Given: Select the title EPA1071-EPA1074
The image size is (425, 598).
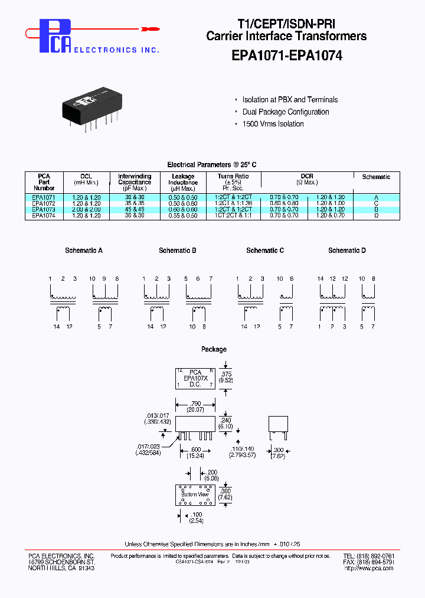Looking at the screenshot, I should tap(286, 56).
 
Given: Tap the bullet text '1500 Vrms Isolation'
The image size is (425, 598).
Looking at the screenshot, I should tap(273, 124).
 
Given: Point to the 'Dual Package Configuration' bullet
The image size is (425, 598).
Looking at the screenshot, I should tap(286, 112).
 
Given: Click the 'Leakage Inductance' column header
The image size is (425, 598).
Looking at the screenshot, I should tap(182, 183).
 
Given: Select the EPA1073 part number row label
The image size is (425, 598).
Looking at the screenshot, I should tap(44, 209).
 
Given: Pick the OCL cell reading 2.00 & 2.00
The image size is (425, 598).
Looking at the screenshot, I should tap(86, 209).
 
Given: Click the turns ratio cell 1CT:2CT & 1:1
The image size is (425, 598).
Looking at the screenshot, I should tap(233, 216).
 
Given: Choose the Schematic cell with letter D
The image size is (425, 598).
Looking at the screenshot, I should tap(376, 216).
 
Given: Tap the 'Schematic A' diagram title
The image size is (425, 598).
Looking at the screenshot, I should tap(84, 251).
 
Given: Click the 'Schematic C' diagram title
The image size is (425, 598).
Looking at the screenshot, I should tap(265, 251).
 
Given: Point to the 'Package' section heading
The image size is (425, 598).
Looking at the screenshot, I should tap(214, 349).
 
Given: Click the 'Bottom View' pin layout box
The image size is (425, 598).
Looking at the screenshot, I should tap(195, 495).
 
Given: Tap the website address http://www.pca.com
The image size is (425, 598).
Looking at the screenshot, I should tap(370, 568).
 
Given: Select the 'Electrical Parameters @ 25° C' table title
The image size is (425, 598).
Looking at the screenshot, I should tap(212, 165).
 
